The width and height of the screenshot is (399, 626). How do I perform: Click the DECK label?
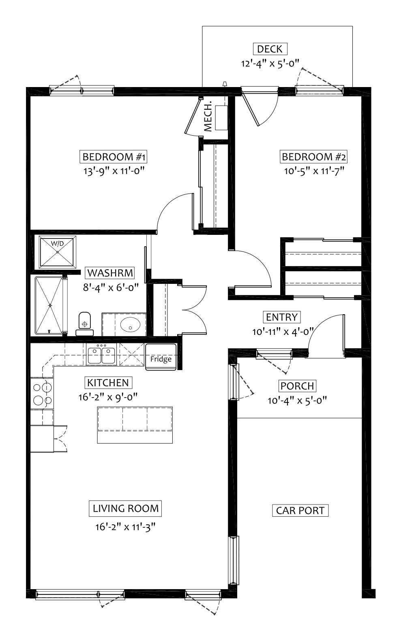(270, 49)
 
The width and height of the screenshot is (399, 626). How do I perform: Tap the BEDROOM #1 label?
(113, 157)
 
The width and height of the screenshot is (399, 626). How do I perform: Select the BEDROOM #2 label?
(313, 157)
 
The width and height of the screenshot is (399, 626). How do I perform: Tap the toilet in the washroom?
(84, 324)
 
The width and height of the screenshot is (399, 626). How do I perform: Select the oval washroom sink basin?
(131, 324)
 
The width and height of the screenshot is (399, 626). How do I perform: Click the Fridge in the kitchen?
(161, 357)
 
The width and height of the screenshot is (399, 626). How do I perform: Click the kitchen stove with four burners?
(42, 394)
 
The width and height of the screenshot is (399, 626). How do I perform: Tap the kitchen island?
(135, 425)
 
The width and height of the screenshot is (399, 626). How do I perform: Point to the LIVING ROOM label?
(125, 508)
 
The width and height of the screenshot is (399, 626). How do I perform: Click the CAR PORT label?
(300, 510)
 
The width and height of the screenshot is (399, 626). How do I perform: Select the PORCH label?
(297, 386)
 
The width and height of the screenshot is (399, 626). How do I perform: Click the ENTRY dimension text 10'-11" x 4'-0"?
(283, 332)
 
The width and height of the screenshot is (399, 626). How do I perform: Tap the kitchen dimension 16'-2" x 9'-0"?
(108, 397)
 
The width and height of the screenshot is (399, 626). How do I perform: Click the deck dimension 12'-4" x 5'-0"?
(270, 64)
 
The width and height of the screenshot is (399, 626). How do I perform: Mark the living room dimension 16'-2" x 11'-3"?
(125, 527)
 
